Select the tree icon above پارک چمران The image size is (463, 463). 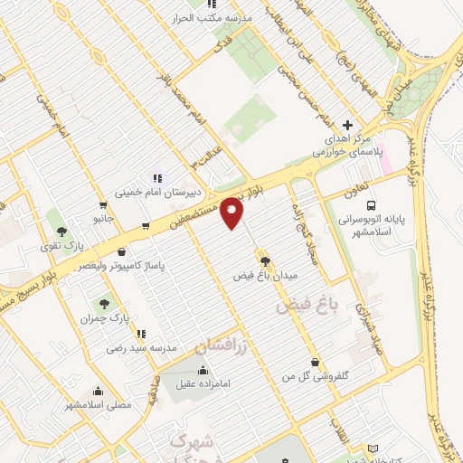click(x=103, y=303)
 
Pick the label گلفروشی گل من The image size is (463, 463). click(x=315, y=373)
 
